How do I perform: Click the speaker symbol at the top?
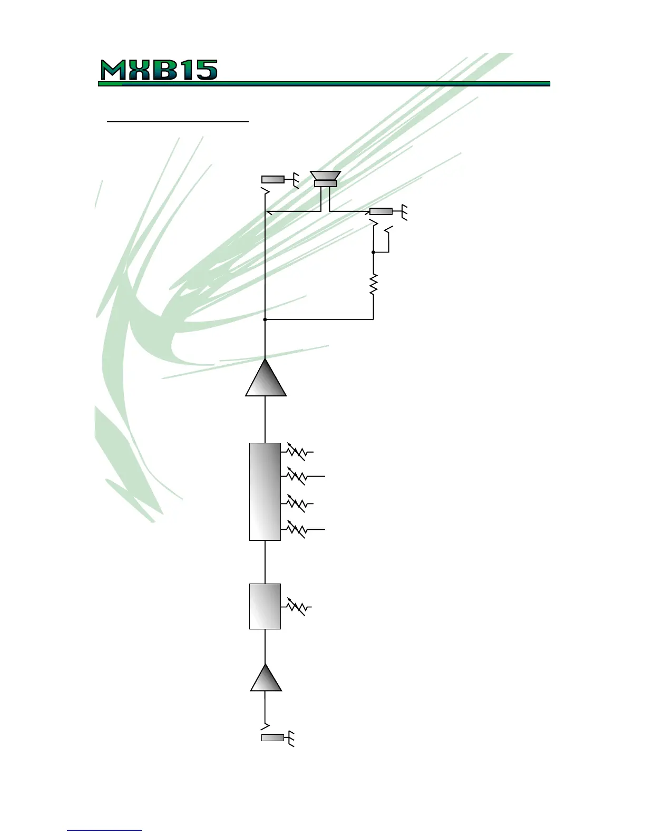[325, 179]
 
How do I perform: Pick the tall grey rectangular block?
[265, 491]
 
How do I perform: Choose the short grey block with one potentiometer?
[265, 606]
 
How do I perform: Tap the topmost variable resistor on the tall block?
[297, 452]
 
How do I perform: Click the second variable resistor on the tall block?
[297, 476]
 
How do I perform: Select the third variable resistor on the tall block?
[297, 504]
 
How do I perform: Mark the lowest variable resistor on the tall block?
[297, 529]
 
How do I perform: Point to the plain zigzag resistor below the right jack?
[374, 285]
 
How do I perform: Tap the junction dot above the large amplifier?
[265, 319]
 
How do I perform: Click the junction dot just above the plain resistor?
[374, 253]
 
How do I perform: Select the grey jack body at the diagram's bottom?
[272, 737]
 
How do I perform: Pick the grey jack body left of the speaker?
[272, 180]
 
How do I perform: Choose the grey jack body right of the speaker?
[381, 211]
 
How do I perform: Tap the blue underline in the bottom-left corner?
[104, 831]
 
